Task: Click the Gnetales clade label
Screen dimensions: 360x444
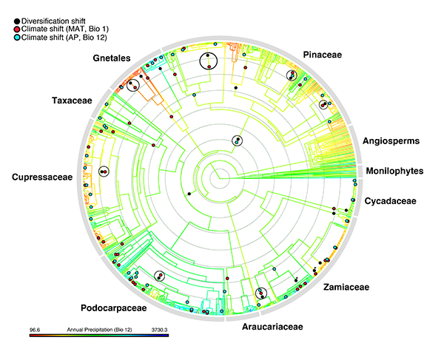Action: click(112, 59)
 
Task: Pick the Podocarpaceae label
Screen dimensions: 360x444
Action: click(112, 307)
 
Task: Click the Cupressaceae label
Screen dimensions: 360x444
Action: click(42, 177)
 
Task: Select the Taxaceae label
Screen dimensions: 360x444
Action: click(71, 100)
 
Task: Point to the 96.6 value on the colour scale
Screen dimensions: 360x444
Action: click(35, 328)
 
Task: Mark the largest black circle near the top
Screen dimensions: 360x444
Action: click(210, 61)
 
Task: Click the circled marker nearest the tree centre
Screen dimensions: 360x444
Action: click(236, 140)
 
